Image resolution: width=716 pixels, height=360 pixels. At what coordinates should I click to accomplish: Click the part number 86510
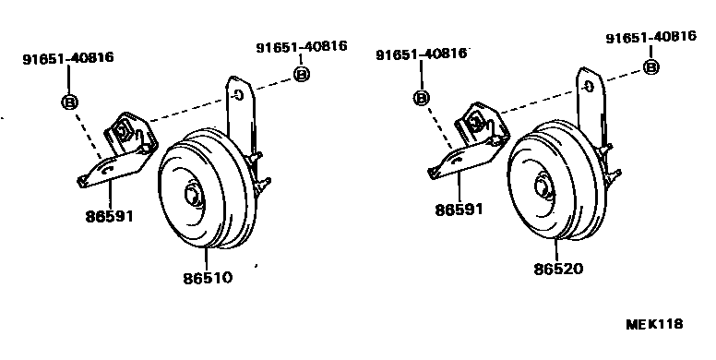tap(208, 278)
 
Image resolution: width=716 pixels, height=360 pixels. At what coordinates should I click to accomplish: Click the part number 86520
tap(558, 269)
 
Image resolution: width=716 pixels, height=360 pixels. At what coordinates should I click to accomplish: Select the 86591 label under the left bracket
tap(110, 216)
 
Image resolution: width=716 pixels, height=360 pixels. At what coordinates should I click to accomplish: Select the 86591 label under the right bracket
tap(459, 210)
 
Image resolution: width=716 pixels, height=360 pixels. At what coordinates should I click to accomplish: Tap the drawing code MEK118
tap(654, 324)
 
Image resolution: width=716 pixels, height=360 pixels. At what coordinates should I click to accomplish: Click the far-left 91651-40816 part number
tap(68, 58)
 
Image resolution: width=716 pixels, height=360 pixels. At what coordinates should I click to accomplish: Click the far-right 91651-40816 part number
tap(651, 37)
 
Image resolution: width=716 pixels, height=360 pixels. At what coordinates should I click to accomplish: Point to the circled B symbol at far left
tap(69, 102)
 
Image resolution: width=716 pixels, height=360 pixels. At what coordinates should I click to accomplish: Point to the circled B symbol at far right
tap(651, 67)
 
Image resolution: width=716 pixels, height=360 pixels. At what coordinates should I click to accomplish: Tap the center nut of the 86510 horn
tap(191, 196)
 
